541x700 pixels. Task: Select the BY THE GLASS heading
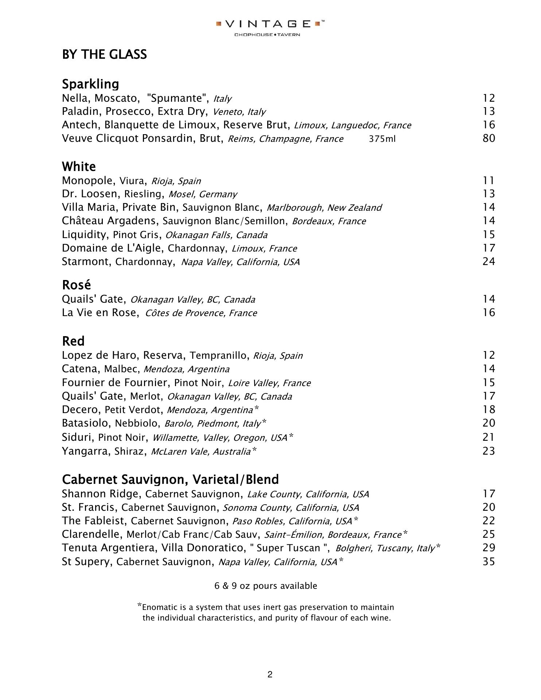click(104, 55)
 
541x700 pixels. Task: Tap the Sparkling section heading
click(90, 84)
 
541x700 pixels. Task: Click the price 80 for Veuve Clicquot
click(489, 139)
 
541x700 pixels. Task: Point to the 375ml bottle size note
click(382, 139)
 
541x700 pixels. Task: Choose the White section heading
click(79, 167)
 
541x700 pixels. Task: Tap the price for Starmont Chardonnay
click(489, 261)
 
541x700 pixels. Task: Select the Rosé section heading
click(76, 285)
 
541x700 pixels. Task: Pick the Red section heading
click(73, 341)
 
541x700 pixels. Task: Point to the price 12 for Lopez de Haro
click(489, 355)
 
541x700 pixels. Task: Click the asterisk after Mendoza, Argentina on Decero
click(256, 408)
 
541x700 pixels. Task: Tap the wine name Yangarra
click(85, 451)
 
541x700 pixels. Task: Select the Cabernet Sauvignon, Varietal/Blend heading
click(170, 479)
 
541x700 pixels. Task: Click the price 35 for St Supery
click(489, 561)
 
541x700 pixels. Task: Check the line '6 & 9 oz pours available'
click(266, 586)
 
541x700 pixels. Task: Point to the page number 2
click(270, 675)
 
